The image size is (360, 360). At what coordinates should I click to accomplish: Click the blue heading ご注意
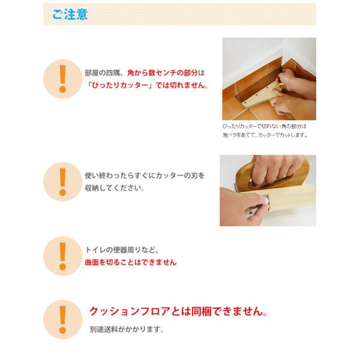[x=70, y=14]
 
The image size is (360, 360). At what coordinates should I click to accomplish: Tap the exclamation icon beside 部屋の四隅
[x=62, y=79]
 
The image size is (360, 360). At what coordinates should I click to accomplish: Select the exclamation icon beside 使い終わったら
[x=62, y=182]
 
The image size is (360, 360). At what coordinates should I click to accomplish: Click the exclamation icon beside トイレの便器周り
[x=62, y=256]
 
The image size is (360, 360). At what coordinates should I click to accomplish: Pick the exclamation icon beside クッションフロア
[x=62, y=320]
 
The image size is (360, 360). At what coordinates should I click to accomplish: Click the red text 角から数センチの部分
[x=163, y=73]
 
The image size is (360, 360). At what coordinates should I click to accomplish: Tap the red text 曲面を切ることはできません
[x=131, y=262]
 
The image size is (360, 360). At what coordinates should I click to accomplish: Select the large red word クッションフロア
[x=130, y=311]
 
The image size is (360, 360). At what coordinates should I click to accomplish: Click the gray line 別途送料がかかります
[x=127, y=329]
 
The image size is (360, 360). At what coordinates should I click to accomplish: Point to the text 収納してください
[x=115, y=188]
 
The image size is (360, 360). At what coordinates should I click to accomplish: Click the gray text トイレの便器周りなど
[x=122, y=250]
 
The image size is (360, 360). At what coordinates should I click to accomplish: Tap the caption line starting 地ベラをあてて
[x=265, y=135]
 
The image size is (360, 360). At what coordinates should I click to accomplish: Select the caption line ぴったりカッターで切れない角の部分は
[x=264, y=126]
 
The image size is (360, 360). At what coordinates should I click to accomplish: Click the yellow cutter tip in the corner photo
[x=281, y=85]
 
